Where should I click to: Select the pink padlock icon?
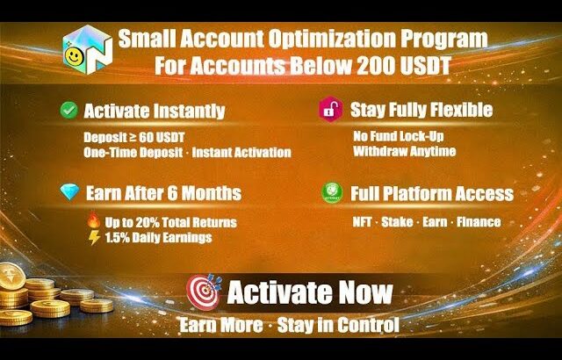(328, 111)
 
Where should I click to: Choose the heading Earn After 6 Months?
(162, 193)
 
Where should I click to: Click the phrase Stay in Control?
(338, 326)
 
